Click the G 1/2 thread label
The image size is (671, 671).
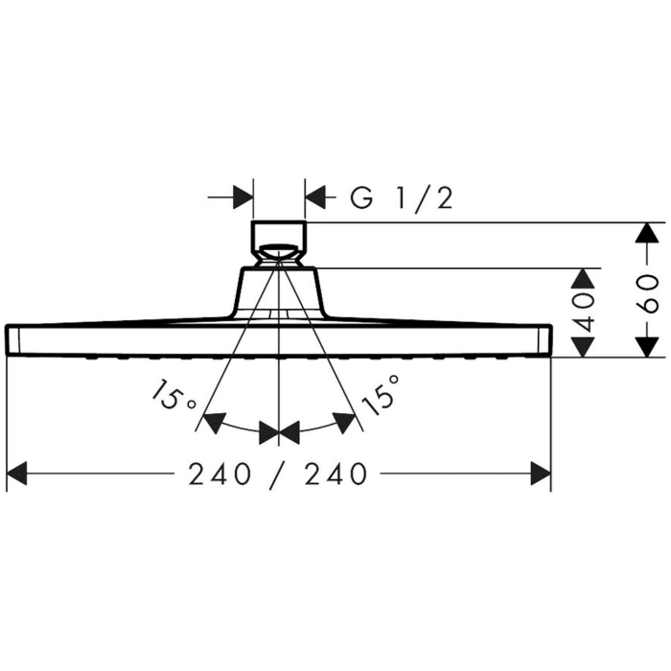[400, 198]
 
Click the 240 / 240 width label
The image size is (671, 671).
[279, 474]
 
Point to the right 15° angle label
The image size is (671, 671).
[381, 393]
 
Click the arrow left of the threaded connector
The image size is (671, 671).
[241, 198]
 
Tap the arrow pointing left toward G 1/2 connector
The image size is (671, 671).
[317, 198]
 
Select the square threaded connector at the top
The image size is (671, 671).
[279, 235]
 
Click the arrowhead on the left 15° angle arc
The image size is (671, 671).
[216, 422]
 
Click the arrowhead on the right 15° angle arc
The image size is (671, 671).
[342, 422]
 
